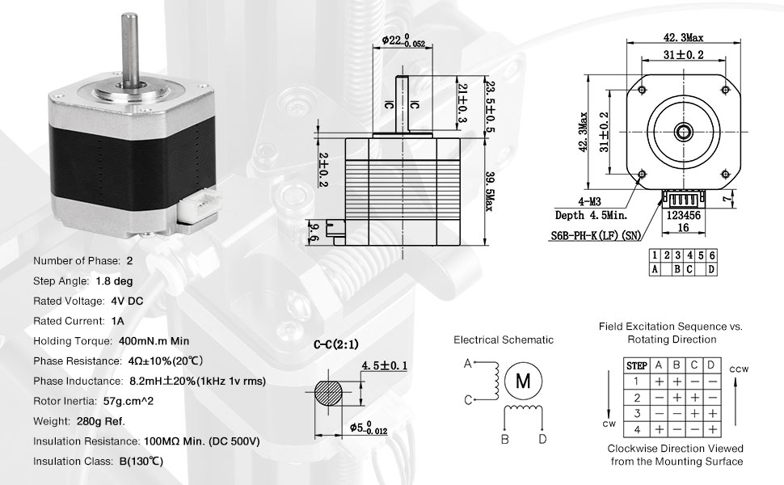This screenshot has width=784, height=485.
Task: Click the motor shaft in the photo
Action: coord(129,53)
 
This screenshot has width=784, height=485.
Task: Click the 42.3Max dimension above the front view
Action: coord(683,37)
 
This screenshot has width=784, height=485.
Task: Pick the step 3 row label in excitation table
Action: coord(637,412)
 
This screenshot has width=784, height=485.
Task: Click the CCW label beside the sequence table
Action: coord(738,369)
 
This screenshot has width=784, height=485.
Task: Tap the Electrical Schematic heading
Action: coord(503,340)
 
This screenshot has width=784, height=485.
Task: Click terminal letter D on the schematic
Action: coord(542,439)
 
